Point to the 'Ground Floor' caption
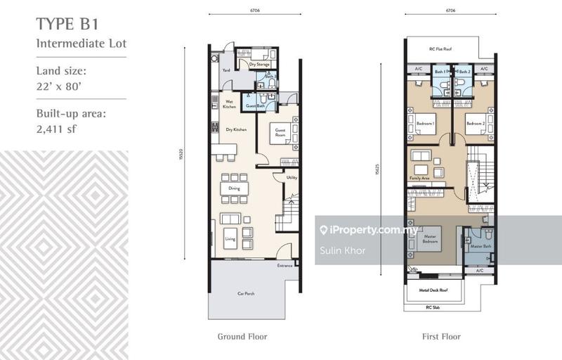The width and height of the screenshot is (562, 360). click(242, 337)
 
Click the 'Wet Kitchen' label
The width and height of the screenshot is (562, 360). click(229, 105)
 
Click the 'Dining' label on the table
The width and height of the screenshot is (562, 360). click(234, 188)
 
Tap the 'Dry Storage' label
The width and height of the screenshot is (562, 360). click(259, 65)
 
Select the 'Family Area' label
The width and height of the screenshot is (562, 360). click(421, 180)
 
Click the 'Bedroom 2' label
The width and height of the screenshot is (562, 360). click(476, 124)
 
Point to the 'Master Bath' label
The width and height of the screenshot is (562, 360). click(481, 246)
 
